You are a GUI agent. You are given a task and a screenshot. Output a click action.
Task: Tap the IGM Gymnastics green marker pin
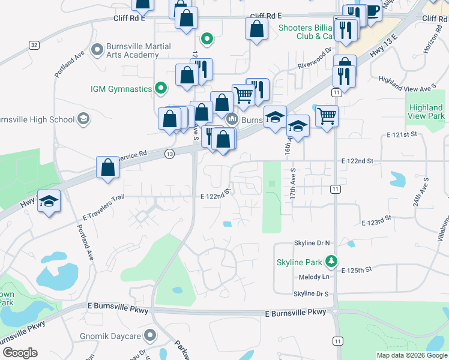pyautogui.click(x=160, y=89)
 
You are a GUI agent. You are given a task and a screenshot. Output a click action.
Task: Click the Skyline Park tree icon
pyautogui.click(x=330, y=262)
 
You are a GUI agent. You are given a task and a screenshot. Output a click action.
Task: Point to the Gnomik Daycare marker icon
pyautogui.click(x=150, y=334)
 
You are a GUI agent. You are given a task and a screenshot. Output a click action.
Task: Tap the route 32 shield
pyautogui.click(x=34, y=45)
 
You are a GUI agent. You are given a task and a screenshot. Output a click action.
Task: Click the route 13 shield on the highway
pyautogui.click(x=170, y=154)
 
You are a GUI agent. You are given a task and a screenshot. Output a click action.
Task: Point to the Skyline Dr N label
pyautogui.click(x=312, y=242)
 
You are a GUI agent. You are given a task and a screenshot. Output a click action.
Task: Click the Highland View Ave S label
pyautogui.click(x=406, y=84)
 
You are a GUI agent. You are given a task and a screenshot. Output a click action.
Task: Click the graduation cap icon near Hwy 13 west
pyautogui.click(x=49, y=202)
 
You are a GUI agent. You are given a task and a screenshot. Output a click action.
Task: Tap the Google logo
pyautogui.click(x=20, y=353)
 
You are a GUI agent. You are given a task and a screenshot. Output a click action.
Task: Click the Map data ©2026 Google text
pyautogui.click(x=411, y=355)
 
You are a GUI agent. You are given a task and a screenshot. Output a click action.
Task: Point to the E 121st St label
pyautogui.click(x=402, y=135)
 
